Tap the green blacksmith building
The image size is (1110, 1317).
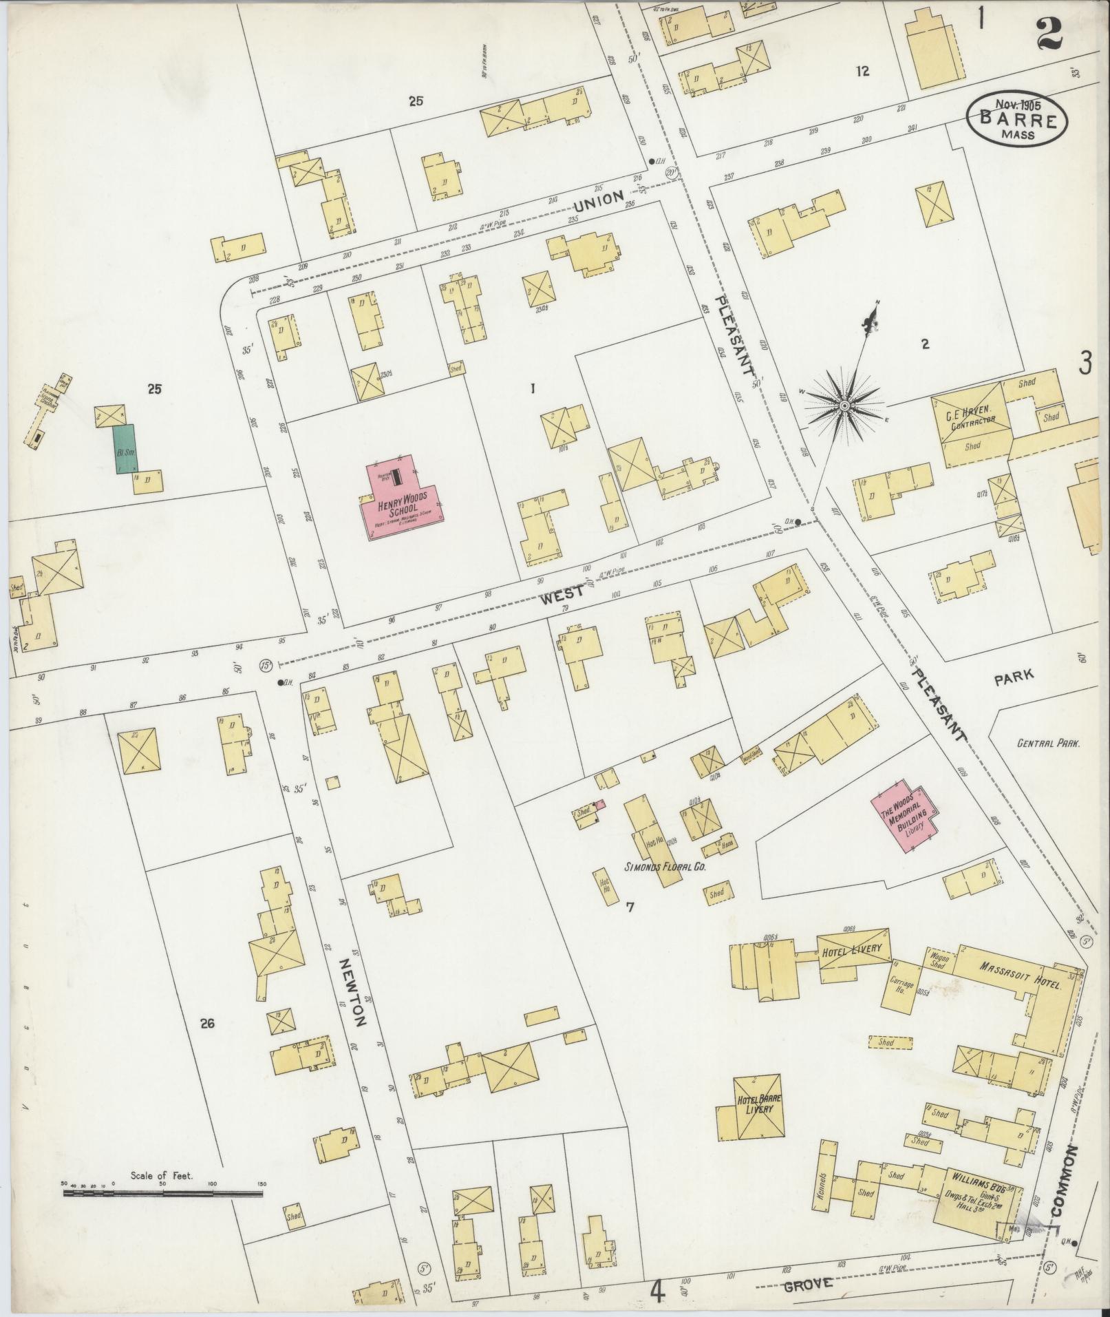(x=125, y=449)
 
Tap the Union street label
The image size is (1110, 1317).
(x=599, y=201)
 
